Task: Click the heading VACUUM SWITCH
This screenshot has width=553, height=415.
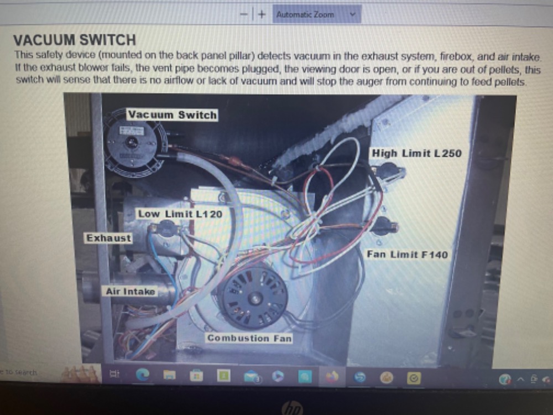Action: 74,40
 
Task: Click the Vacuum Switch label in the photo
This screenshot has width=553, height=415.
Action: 172,115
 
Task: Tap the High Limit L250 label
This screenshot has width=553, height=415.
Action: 416,153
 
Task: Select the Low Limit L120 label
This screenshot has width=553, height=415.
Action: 172,214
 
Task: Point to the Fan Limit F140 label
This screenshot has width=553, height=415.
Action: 407,255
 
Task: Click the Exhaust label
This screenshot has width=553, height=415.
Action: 108,238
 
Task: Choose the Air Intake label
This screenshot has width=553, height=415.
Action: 131,291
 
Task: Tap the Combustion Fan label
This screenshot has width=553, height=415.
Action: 249,338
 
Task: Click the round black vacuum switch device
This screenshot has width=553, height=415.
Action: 132,143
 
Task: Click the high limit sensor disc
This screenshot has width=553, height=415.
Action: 387,171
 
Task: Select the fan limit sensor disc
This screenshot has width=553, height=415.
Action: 385,226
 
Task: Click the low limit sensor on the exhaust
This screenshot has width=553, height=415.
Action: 166,227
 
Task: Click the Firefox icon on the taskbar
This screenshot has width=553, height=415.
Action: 332,376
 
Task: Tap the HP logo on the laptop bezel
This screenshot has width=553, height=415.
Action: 292,408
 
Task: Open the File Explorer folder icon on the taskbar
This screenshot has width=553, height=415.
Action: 170,376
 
